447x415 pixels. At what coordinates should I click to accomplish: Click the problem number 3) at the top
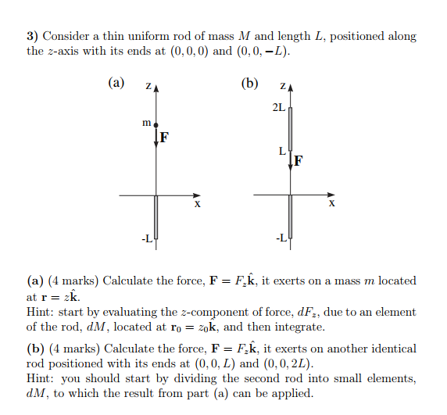(33, 37)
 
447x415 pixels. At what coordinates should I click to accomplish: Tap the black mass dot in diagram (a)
(156, 124)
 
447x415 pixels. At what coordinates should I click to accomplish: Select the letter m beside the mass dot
(146, 123)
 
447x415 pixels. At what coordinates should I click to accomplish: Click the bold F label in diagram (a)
(164, 138)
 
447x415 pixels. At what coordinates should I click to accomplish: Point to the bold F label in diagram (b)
(299, 162)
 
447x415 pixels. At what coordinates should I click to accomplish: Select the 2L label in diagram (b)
(278, 107)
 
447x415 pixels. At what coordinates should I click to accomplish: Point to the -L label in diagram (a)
(146, 238)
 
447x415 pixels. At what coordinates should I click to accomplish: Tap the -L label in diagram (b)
(281, 238)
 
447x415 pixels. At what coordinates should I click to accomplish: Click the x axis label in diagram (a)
(197, 204)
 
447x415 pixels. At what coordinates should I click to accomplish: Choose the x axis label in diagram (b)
(331, 204)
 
